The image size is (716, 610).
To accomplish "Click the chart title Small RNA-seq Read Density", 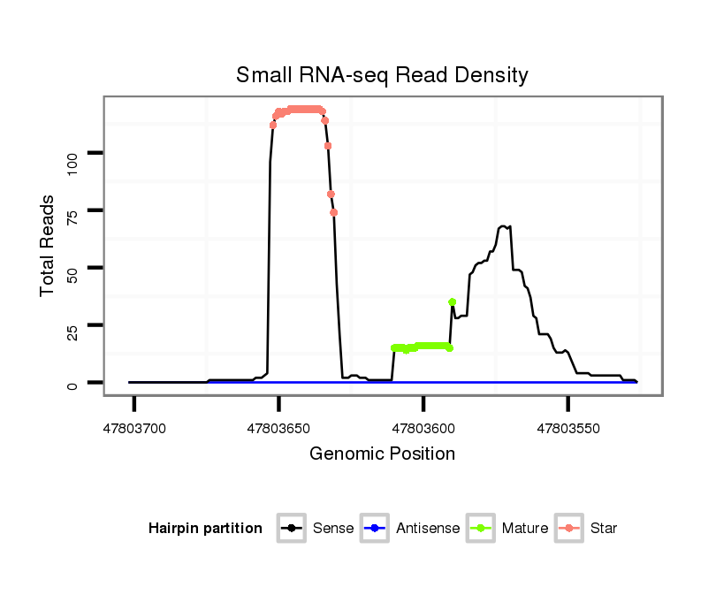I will tap(382, 75).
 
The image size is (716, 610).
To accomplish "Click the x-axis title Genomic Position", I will tap(382, 454).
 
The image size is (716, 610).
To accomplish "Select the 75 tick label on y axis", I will tap(72, 217).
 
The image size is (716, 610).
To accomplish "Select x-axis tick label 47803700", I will tap(134, 428).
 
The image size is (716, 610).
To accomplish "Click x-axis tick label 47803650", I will tap(279, 428).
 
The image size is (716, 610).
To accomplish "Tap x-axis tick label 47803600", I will tap(423, 428).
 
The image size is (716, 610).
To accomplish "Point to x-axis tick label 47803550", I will tap(568, 428).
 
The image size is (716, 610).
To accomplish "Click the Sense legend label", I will tap(333, 529).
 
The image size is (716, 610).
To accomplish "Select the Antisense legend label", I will tap(428, 529).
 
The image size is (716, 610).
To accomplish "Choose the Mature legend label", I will tap(524, 529).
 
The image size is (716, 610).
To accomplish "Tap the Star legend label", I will tap(605, 529).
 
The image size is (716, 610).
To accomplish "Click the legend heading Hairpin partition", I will tap(206, 529).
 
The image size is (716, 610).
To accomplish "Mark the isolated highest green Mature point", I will tap(452, 302).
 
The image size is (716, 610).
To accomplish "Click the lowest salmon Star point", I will tap(334, 212).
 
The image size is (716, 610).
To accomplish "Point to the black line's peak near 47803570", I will tap(504, 226).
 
